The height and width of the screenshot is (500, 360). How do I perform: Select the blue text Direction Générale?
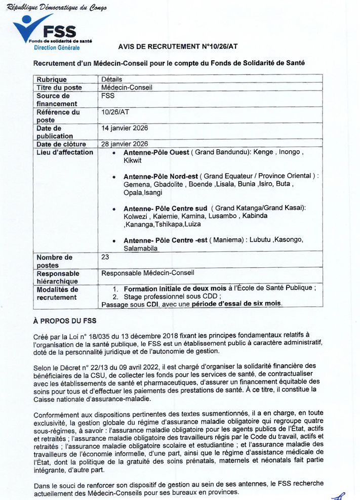[57, 48]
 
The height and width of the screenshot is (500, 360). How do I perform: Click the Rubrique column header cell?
[52, 79]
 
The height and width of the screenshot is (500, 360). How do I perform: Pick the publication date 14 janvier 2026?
[125, 128]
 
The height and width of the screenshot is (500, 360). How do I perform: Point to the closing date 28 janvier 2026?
[125, 144]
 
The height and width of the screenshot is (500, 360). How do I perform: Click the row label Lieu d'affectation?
[65, 152]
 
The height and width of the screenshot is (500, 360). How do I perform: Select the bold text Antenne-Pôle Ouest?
[156, 152]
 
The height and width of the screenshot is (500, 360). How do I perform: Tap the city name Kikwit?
[133, 160]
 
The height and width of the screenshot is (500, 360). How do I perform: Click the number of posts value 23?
[105, 257]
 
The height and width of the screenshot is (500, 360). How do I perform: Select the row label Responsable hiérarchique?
[57, 277]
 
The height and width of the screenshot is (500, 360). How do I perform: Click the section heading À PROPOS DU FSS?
[64, 321]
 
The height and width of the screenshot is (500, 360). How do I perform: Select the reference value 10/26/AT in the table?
[115, 112]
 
